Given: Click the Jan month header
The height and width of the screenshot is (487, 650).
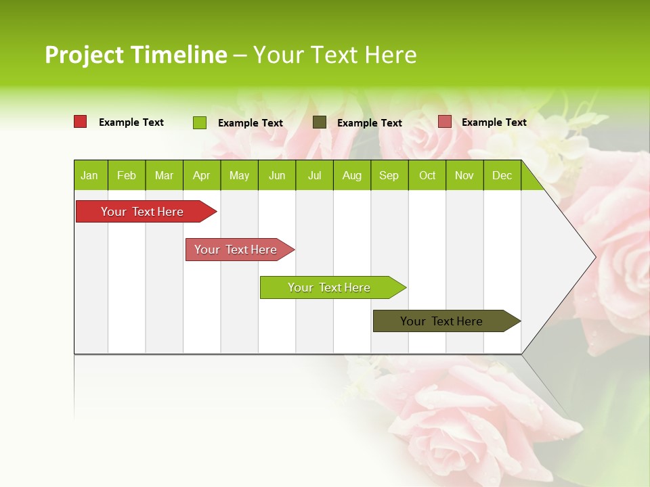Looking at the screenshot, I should pyautogui.click(x=89, y=175).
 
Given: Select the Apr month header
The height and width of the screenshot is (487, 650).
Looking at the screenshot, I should pyautogui.click(x=201, y=175).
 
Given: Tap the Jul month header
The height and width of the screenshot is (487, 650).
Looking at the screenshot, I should pyautogui.click(x=314, y=175).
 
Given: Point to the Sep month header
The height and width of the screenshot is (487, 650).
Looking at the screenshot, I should pyautogui.click(x=389, y=175).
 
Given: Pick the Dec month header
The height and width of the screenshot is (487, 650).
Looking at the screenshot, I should pyautogui.click(x=502, y=175).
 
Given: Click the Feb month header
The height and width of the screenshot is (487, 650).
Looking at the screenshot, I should pyautogui.click(x=127, y=175).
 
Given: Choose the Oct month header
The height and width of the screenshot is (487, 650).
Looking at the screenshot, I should pyautogui.click(x=427, y=175).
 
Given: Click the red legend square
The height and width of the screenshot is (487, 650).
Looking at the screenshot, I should pyautogui.click(x=81, y=122).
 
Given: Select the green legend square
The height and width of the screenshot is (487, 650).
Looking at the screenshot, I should pyautogui.click(x=200, y=122).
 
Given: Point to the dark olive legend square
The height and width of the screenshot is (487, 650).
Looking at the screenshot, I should pyautogui.click(x=320, y=122).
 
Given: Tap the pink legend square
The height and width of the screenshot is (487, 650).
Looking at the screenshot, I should pyautogui.click(x=445, y=122).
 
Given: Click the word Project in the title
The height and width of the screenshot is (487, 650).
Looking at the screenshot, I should pyautogui.click(x=85, y=55).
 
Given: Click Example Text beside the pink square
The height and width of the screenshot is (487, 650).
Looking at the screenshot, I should pyautogui.click(x=494, y=122).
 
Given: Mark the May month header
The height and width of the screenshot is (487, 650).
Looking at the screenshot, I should pyautogui.click(x=239, y=175).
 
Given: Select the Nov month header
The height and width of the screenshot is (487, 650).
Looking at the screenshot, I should pyautogui.click(x=464, y=175).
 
